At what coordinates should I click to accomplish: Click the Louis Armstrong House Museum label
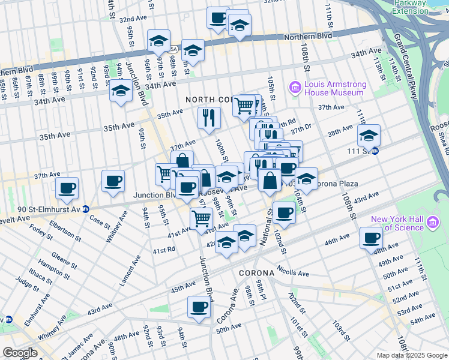tap(334, 88)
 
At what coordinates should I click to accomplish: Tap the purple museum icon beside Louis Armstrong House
tap(295, 88)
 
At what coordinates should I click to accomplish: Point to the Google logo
tap(20, 353)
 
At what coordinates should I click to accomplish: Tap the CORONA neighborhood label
tap(256, 273)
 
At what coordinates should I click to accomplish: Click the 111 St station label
tap(361, 151)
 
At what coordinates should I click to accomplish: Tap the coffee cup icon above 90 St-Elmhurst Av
tap(67, 188)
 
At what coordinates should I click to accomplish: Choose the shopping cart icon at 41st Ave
tap(202, 218)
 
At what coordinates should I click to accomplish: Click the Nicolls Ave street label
tap(293, 272)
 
